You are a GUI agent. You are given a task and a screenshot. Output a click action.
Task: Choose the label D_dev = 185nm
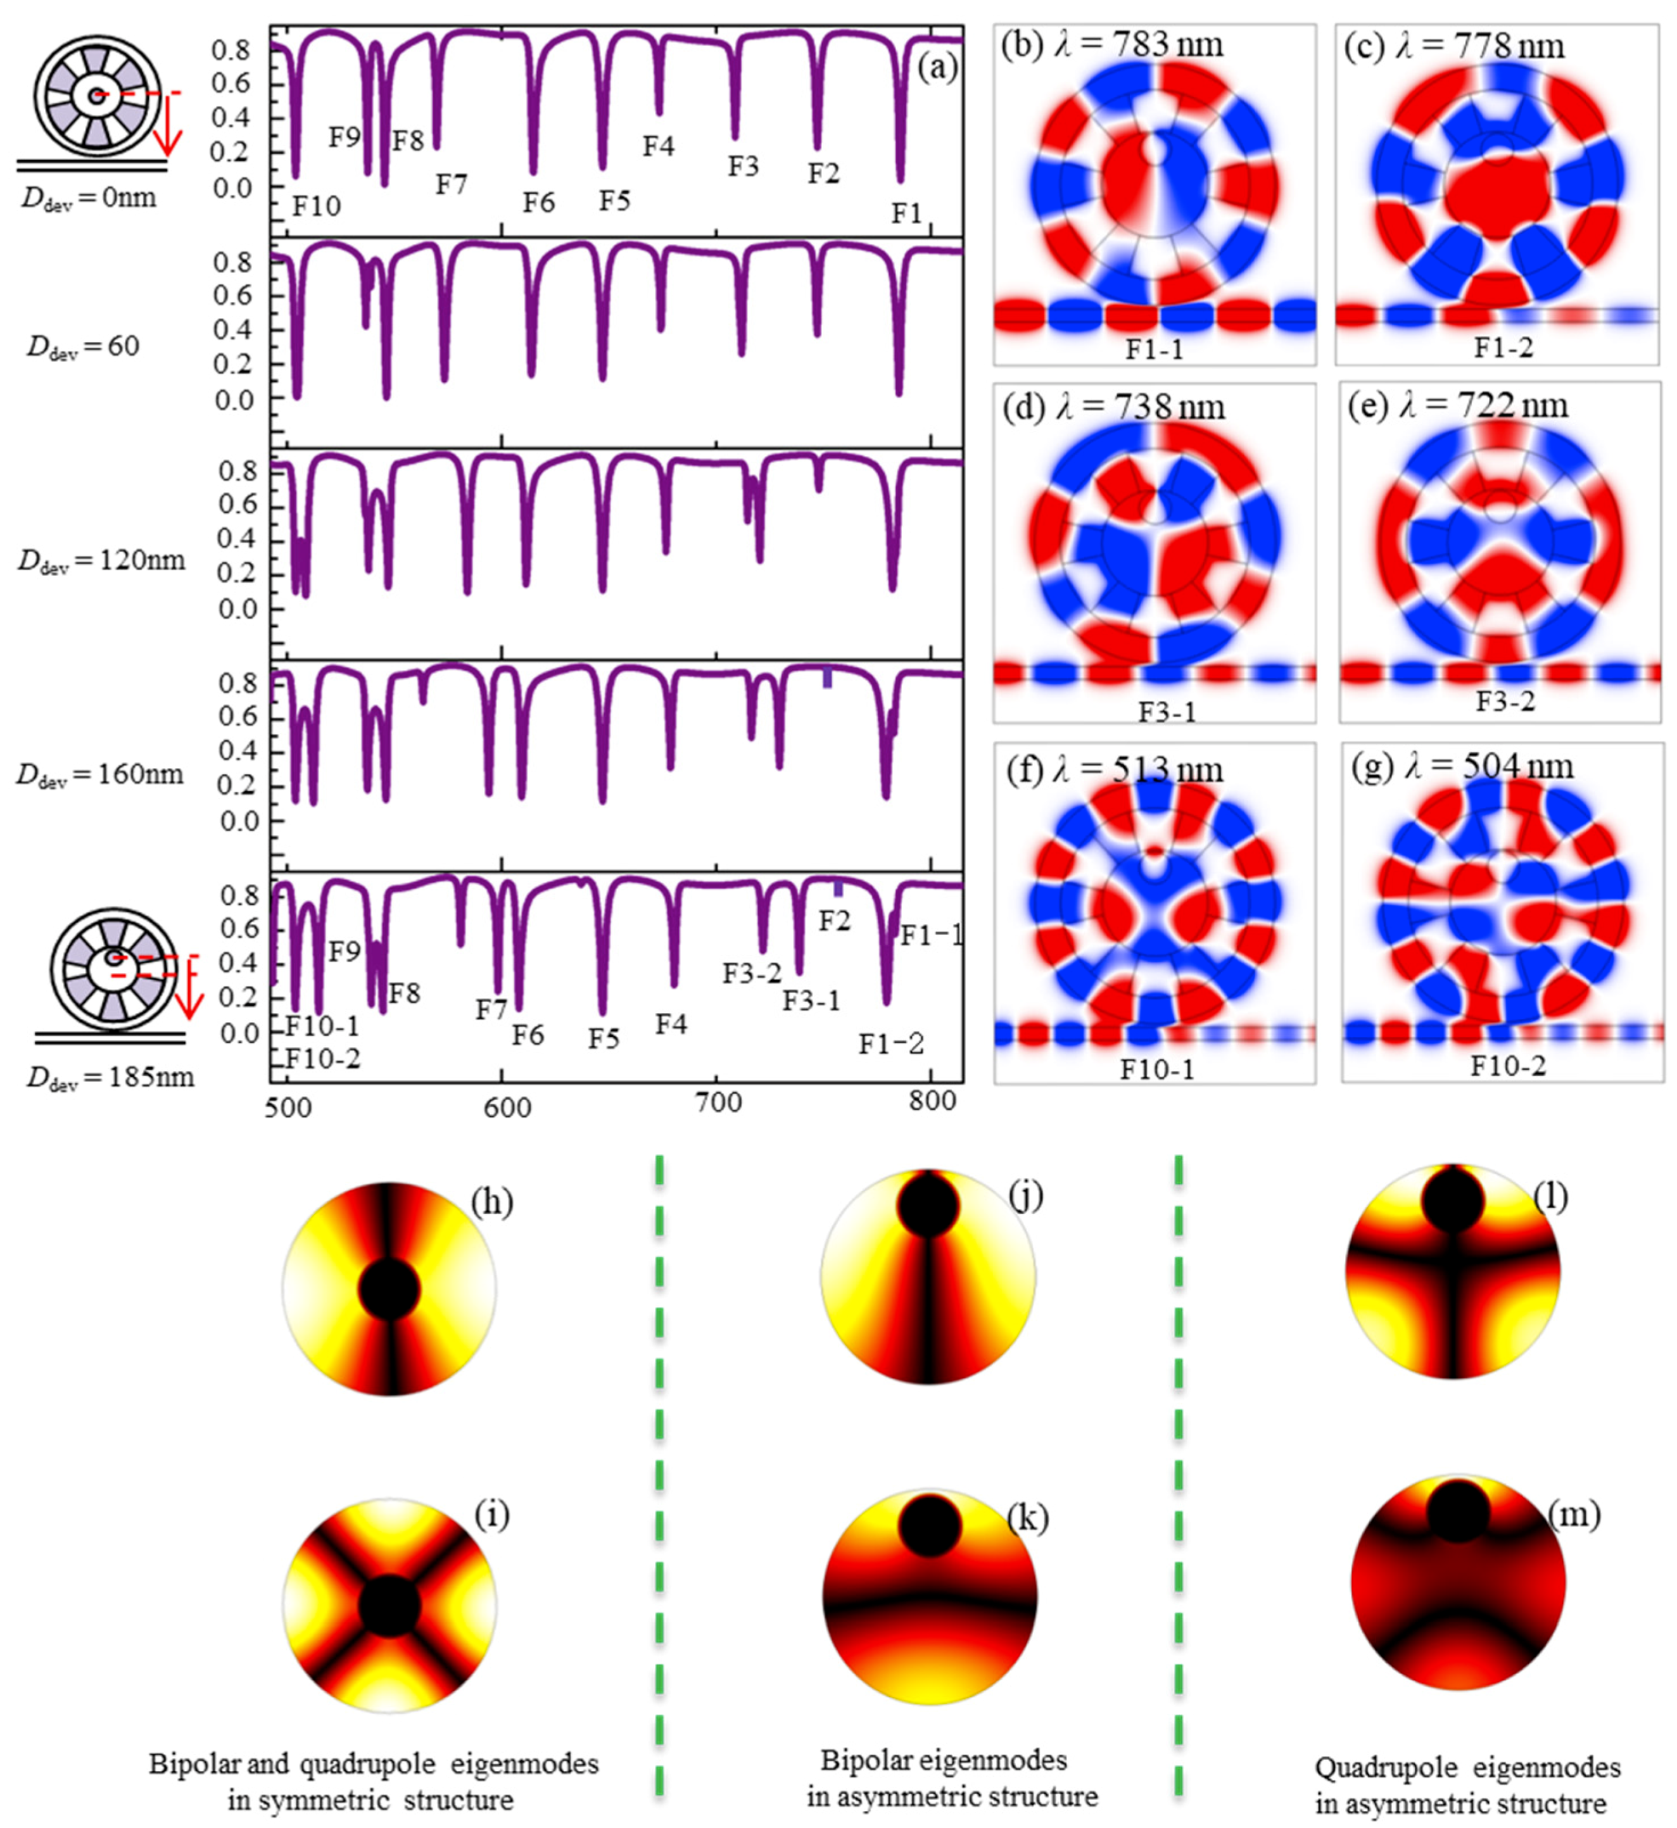[110, 1077]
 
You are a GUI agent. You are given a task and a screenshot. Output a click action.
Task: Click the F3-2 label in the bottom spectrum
[751, 973]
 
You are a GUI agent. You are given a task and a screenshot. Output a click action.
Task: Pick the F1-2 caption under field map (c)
[1503, 348]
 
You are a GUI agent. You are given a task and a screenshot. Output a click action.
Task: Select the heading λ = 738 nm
[1140, 407]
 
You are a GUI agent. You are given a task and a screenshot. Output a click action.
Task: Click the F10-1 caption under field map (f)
[1156, 1069]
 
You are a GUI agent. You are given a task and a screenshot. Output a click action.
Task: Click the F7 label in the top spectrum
[451, 184]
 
